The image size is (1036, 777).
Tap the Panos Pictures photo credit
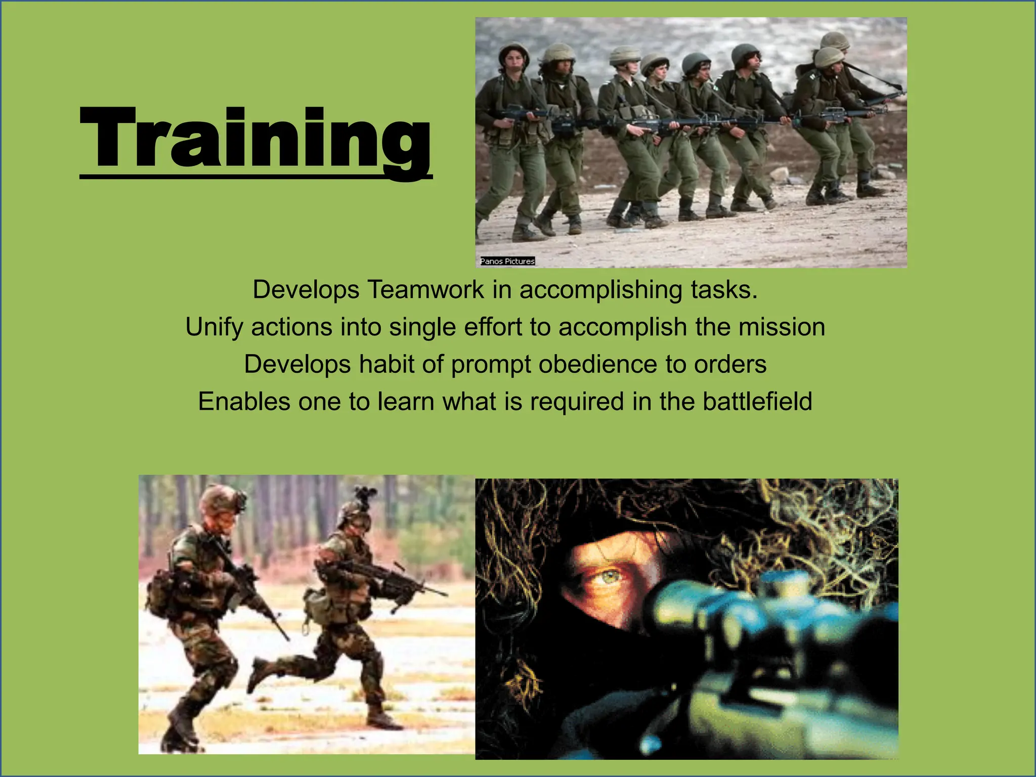507,261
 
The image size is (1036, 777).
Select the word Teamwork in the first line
425,290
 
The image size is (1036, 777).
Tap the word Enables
244,402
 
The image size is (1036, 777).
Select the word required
576,402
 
